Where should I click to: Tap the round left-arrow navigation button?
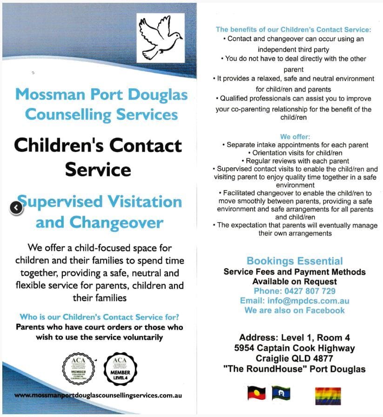[x=16, y=208]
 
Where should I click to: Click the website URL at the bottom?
[x=98, y=395]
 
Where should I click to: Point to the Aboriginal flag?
[x=256, y=393]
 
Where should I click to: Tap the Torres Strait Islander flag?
[x=281, y=393]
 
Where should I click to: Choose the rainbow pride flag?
[x=328, y=396]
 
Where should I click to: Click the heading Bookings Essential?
[x=295, y=261]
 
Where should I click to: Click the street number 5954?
[x=246, y=348]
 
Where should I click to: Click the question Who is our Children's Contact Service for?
[x=100, y=318]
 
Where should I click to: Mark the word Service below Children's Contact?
[x=98, y=169]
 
